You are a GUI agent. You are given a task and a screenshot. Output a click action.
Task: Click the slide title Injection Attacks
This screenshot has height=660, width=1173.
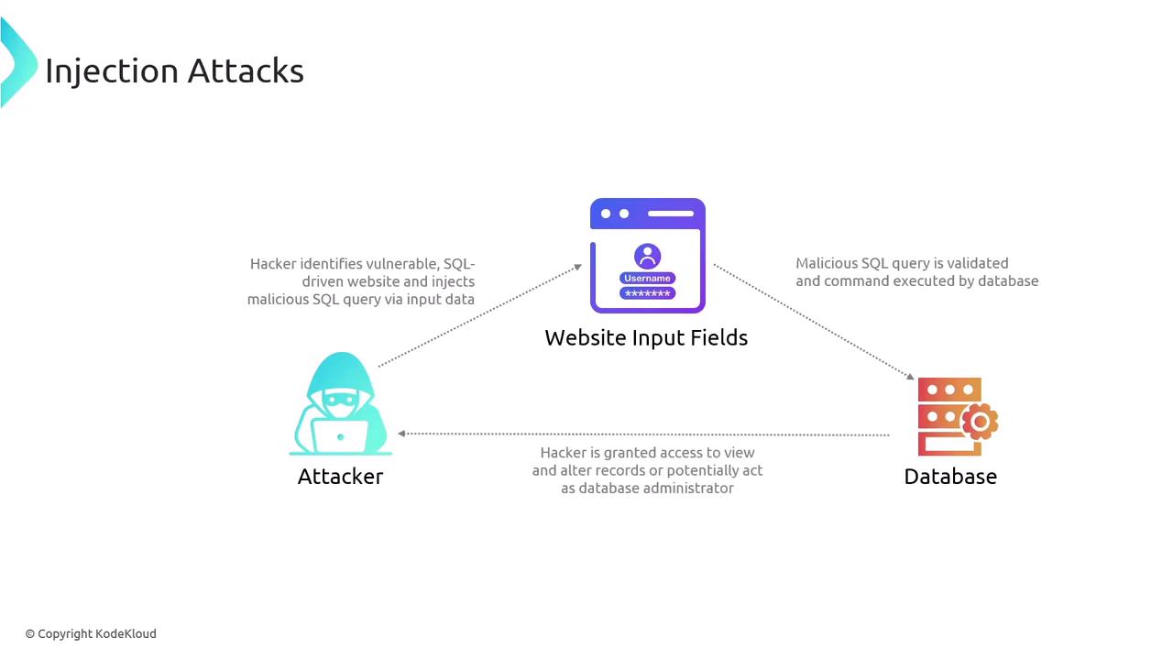174,71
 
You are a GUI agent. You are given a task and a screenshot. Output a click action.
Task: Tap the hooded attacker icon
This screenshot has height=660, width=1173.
340,403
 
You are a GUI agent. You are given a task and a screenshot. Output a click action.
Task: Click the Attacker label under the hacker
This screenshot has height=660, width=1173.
340,477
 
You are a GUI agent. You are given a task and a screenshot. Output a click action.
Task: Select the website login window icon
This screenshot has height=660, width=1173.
647,255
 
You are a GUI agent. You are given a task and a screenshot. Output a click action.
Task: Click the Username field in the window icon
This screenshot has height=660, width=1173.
647,278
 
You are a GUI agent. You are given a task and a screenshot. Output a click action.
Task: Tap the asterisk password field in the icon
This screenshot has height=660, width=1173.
647,293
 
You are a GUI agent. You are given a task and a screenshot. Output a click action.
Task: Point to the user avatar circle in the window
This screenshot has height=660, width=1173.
647,256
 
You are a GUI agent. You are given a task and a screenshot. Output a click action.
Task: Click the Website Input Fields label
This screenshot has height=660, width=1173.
646,338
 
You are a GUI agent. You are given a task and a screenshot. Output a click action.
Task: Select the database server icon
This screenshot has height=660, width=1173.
953,416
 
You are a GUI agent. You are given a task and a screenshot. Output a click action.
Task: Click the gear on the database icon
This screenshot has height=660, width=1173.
980,421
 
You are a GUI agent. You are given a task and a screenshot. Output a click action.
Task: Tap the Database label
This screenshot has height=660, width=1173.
950,477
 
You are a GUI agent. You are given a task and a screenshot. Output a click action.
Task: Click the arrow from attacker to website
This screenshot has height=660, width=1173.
479,316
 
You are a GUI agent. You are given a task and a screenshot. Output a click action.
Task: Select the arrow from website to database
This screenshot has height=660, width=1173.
814,322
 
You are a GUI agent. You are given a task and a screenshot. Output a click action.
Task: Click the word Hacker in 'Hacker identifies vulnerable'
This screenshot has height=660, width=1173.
273,264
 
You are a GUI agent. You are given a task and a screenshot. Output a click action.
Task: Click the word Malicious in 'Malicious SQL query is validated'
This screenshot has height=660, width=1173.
826,263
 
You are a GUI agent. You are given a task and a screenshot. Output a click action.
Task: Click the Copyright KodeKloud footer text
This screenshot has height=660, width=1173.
91,633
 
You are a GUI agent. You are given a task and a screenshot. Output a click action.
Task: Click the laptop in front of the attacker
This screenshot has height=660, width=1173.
340,435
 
